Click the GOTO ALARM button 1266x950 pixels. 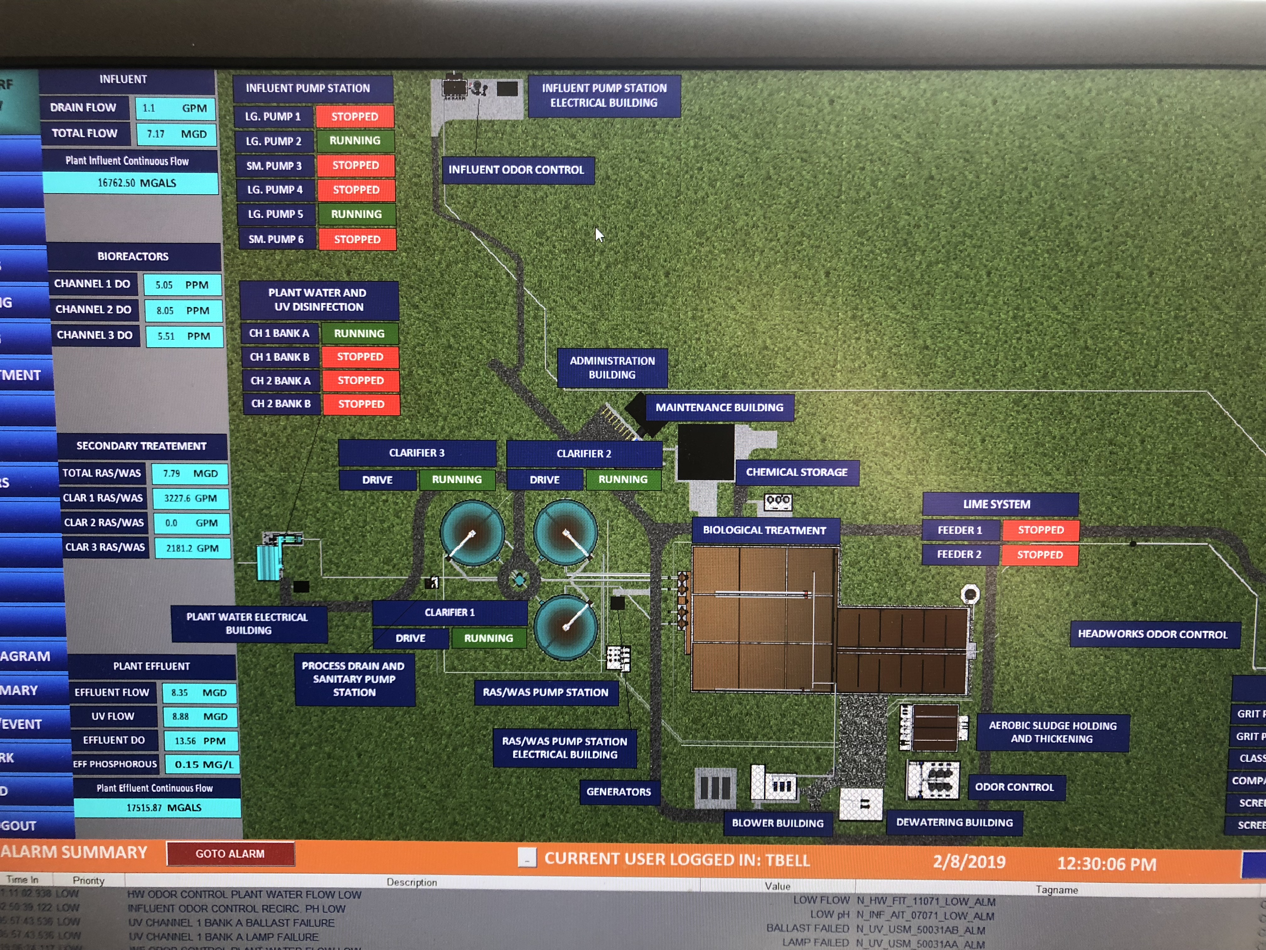click(x=230, y=853)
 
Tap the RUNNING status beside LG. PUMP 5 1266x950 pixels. click(x=356, y=214)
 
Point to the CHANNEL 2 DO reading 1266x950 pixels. click(x=182, y=310)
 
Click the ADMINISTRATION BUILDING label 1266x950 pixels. click(x=612, y=368)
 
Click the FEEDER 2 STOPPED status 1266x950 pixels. click(x=1039, y=555)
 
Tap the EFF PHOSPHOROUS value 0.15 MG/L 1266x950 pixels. click(x=203, y=764)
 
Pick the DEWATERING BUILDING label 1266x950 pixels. click(x=954, y=823)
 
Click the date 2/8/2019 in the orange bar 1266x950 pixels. click(x=969, y=862)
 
